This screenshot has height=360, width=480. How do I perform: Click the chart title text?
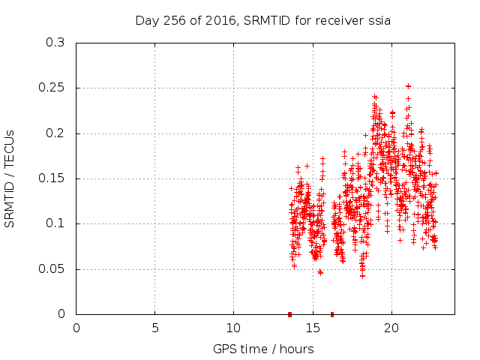click(x=262, y=20)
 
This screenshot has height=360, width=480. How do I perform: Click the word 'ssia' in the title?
click(x=378, y=20)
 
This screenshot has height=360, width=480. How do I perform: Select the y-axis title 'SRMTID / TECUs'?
click(x=10, y=178)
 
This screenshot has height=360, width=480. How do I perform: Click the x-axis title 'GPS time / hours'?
click(x=263, y=349)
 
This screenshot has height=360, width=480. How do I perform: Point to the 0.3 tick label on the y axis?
click(x=54, y=43)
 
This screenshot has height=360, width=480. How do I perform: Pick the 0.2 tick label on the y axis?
click(x=54, y=133)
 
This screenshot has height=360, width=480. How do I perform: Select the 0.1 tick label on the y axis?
click(x=54, y=224)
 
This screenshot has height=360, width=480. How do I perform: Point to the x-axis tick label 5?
click(x=155, y=328)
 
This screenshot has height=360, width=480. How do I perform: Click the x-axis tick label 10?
click(x=233, y=328)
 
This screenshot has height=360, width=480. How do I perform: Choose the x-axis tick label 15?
click(x=312, y=328)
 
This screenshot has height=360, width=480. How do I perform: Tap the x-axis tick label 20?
click(x=391, y=328)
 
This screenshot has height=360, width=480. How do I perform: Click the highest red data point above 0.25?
click(x=408, y=86)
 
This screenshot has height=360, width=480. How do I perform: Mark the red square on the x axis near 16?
click(x=331, y=314)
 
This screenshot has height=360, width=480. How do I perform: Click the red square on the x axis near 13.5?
click(x=289, y=314)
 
